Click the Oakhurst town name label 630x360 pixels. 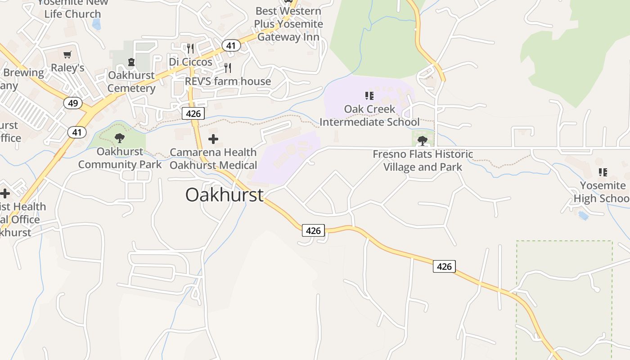pyautogui.click(x=224, y=195)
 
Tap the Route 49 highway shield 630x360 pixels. pyautogui.click(x=73, y=103)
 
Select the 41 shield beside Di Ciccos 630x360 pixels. pyautogui.click(x=230, y=45)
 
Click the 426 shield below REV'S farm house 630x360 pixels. pyautogui.click(x=193, y=113)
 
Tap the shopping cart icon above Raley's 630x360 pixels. pyautogui.click(x=67, y=55)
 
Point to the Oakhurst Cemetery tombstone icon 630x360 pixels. pyautogui.click(x=131, y=62)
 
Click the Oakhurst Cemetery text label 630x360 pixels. pyautogui.click(x=131, y=81)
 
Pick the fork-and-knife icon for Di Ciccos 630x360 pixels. pyautogui.click(x=190, y=49)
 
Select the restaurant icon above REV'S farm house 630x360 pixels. pyautogui.click(x=228, y=68)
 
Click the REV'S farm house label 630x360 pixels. pyautogui.click(x=228, y=81)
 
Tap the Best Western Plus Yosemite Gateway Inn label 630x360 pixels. pyautogui.click(x=288, y=24)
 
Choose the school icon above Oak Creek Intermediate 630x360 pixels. pyautogui.click(x=369, y=95)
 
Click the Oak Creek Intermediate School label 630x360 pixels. pyautogui.click(x=369, y=116)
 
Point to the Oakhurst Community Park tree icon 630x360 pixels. pyautogui.click(x=119, y=138)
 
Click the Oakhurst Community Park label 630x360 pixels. pyautogui.click(x=120, y=158)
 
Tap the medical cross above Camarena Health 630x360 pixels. pyautogui.click(x=213, y=139)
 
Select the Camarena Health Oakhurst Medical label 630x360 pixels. pyautogui.click(x=213, y=159)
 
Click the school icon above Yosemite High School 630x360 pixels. pyautogui.click(x=603, y=172)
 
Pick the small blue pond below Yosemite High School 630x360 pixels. pyautogui.click(x=583, y=216)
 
